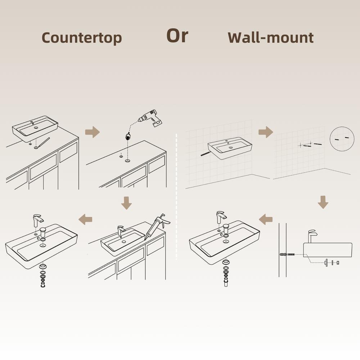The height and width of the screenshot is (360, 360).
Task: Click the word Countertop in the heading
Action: coord(82,37)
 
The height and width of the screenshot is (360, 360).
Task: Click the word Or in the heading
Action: coord(177,35)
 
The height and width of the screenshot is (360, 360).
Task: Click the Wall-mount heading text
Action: coord(270,37)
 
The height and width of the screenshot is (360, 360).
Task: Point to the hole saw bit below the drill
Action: coord(127,136)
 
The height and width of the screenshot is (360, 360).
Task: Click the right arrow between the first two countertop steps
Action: coord(93,132)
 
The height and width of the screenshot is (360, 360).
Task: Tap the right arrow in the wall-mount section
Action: coord(266,132)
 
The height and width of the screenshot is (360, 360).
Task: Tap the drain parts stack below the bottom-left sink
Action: coord(43,276)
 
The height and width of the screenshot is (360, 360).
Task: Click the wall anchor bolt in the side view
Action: coord(287,255)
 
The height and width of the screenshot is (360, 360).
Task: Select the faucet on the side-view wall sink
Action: coord(312,237)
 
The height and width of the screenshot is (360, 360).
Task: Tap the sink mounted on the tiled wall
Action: coord(230,148)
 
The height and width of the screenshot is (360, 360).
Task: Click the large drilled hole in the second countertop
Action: coord(128,161)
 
